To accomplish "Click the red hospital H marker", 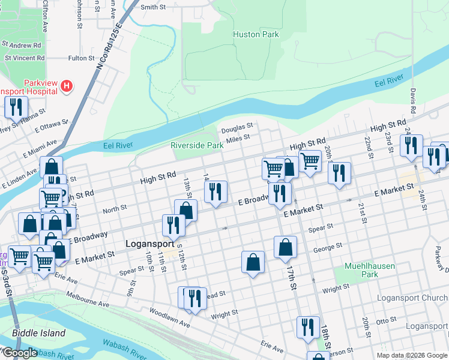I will pyautogui.click(x=67, y=86).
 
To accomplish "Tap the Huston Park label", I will pyautogui.click(x=256, y=35).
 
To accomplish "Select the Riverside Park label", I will pyautogui.click(x=197, y=145).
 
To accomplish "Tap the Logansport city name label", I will pyautogui.click(x=151, y=244).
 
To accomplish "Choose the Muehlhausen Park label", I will pyautogui.click(x=369, y=269).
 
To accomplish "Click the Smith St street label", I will pyautogui.click(x=152, y=7).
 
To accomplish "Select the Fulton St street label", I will pyautogui.click(x=81, y=58).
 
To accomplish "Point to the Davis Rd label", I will pyautogui.click(x=413, y=101).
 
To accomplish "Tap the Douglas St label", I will pyautogui.click(x=237, y=129).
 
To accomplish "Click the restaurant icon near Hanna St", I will pyautogui.click(x=15, y=107).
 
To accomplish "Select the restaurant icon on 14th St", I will pyautogui.click(x=215, y=191).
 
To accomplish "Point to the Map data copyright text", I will pyautogui.click(x=411, y=355).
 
